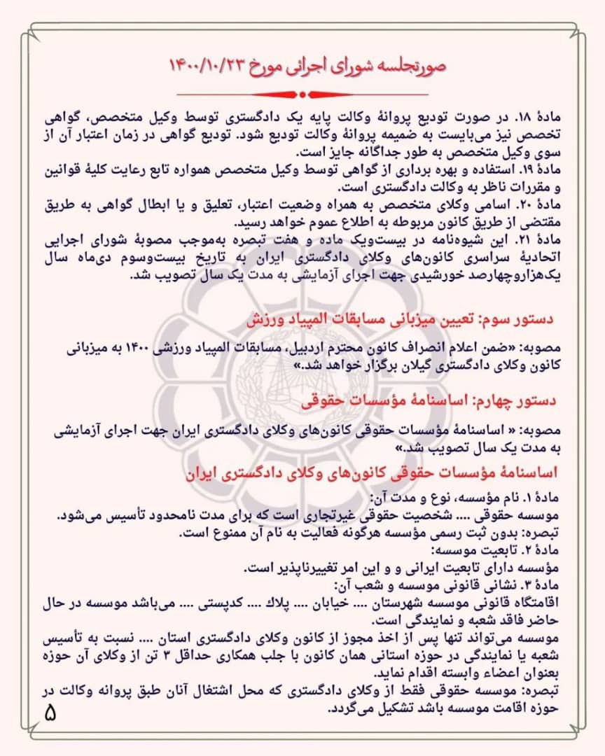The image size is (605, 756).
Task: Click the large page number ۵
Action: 50,714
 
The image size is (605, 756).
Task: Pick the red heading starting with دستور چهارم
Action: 429,400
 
